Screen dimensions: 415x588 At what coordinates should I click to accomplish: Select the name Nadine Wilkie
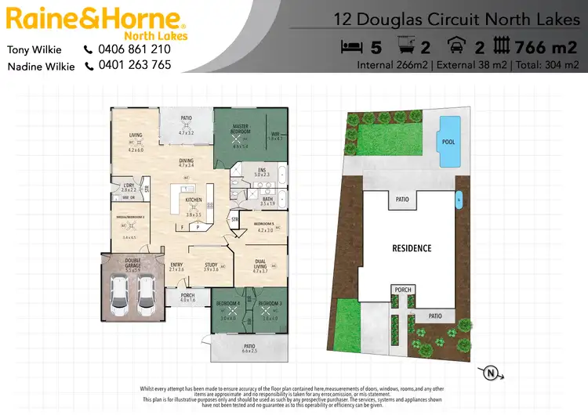(41, 67)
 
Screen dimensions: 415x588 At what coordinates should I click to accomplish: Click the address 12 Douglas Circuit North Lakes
(456, 16)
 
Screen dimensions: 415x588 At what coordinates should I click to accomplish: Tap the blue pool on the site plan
(448, 142)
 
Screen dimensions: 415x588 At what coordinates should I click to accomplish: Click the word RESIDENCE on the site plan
(412, 248)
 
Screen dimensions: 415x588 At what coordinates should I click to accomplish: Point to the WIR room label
(275, 135)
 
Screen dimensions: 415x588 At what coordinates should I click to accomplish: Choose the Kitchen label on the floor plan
(193, 200)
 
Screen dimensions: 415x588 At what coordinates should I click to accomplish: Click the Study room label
(211, 265)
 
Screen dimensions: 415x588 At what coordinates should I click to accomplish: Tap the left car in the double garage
(120, 291)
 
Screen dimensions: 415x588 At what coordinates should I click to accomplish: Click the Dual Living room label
(261, 265)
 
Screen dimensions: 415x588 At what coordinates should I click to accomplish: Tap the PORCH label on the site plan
(403, 290)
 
